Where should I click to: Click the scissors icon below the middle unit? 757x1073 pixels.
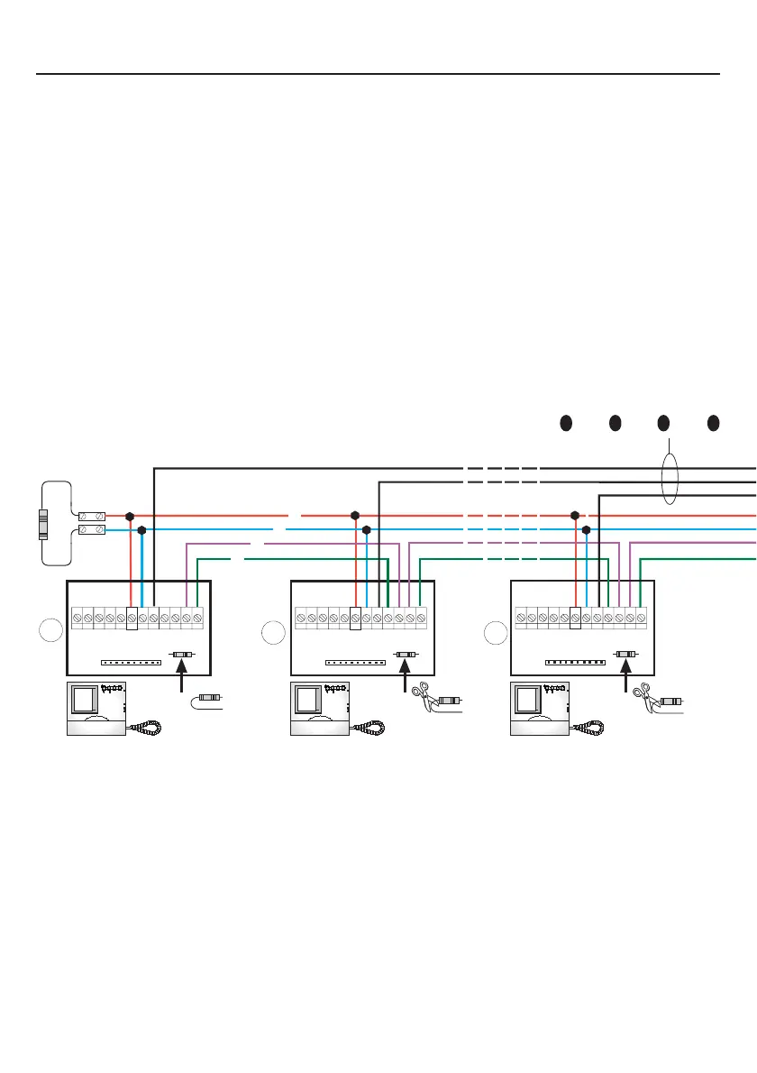pos(420,692)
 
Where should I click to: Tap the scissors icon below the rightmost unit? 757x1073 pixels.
pos(642,692)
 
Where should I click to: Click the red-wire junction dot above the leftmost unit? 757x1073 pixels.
pos(130,517)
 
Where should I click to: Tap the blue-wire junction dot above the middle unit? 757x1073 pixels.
pos(366,530)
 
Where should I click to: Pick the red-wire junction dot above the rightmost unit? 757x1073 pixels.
pos(575,517)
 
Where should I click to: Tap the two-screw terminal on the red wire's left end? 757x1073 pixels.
pos(93,517)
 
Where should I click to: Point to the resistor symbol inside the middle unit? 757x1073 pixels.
pos(406,653)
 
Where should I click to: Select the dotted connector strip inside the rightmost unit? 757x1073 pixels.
pos(575,663)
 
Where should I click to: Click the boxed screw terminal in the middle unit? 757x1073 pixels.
pos(355,618)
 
